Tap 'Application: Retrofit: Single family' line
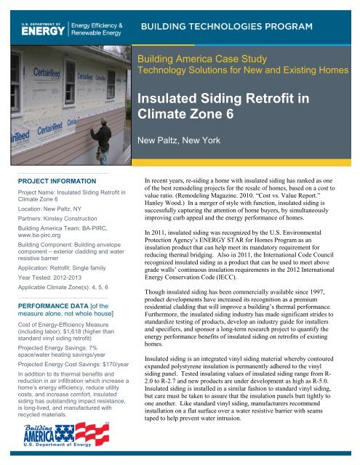click(65, 266)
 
